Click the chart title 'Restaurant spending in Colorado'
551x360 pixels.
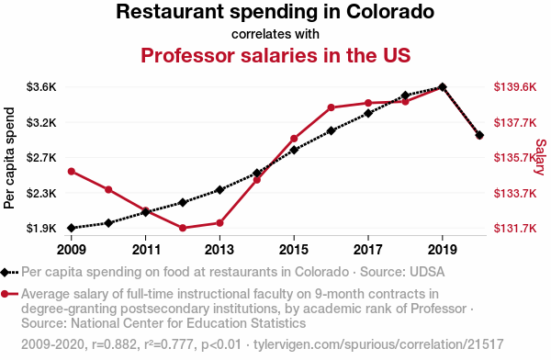(x=275, y=13)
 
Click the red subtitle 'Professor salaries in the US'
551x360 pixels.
(x=275, y=54)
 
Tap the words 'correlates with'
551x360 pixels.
(x=275, y=34)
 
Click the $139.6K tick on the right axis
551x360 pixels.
(x=515, y=87)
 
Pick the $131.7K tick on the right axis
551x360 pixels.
(x=515, y=229)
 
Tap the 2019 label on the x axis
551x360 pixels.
(x=443, y=249)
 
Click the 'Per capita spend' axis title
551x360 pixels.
(x=11, y=157)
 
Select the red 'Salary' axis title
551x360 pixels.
(x=540, y=157)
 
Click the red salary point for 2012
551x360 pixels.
(x=183, y=228)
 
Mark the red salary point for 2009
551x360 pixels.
(x=72, y=172)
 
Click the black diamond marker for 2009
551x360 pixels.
(x=72, y=228)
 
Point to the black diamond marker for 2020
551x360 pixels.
(x=479, y=136)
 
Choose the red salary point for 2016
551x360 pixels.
(x=332, y=107)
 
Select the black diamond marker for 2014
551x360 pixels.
(x=257, y=173)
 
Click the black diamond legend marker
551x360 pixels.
(x=6, y=272)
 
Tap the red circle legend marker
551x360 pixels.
(x=6, y=294)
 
